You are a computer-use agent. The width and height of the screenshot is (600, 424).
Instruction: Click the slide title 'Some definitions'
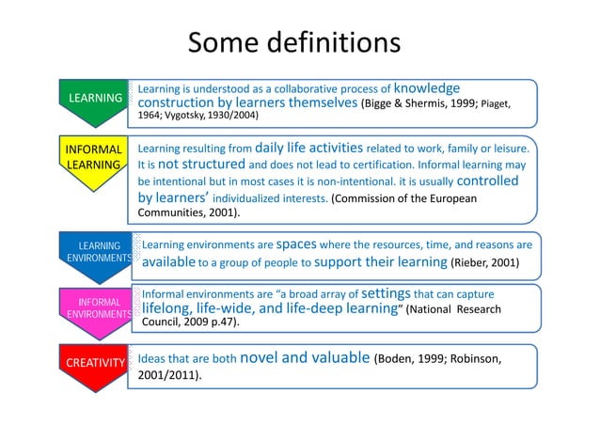coord(294,44)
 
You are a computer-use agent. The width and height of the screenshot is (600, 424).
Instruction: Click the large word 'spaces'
coord(300,243)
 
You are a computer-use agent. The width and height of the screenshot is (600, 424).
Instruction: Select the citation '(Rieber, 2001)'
coord(484,261)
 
